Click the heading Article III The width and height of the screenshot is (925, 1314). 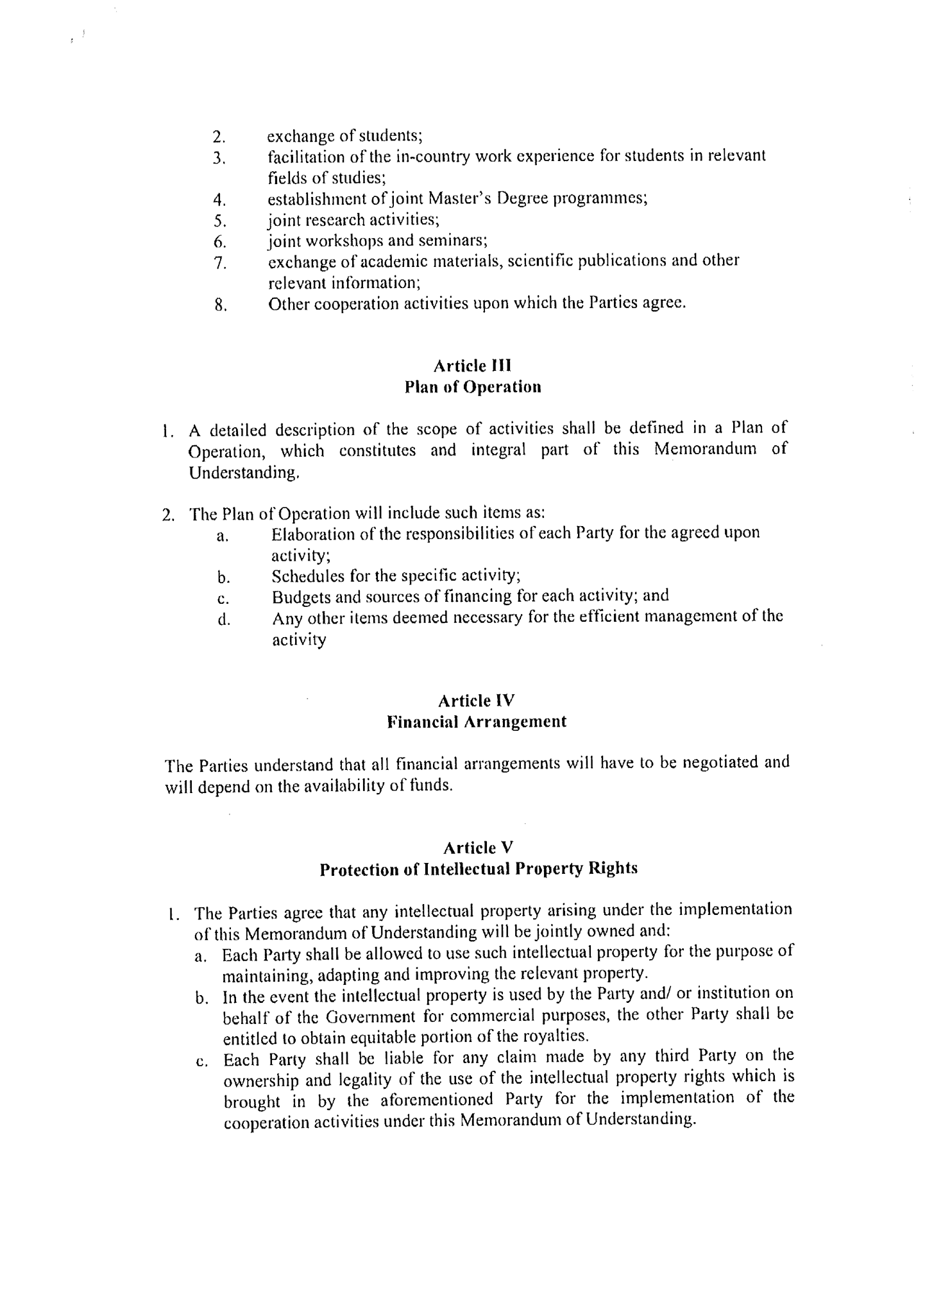pos(472,366)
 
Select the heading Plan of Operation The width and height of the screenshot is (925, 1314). pos(473,388)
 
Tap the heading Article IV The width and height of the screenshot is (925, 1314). pos(476,700)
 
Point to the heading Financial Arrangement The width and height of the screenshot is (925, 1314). pos(477,722)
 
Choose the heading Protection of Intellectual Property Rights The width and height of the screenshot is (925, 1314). pos(479,869)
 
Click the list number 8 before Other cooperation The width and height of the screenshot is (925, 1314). pos(221,305)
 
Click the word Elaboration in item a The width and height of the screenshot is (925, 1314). pos(314,534)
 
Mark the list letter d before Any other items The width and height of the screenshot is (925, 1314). pos(224,620)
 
